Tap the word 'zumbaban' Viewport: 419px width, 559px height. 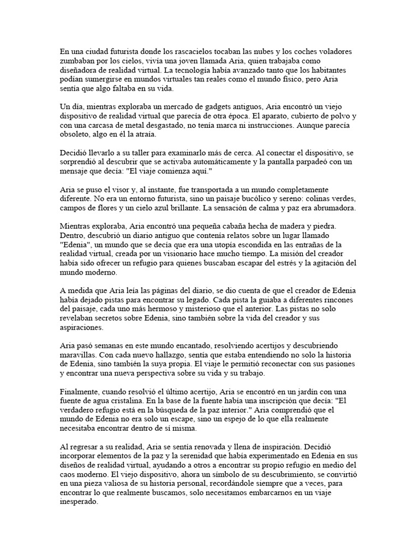tap(77, 62)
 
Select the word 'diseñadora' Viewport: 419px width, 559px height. tap(80, 72)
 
